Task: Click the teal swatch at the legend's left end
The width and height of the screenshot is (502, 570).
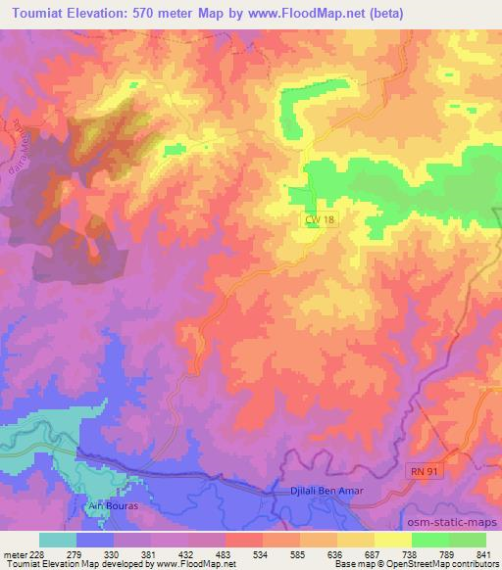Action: [58, 540]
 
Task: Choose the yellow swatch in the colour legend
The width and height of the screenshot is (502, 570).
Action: [393, 540]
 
